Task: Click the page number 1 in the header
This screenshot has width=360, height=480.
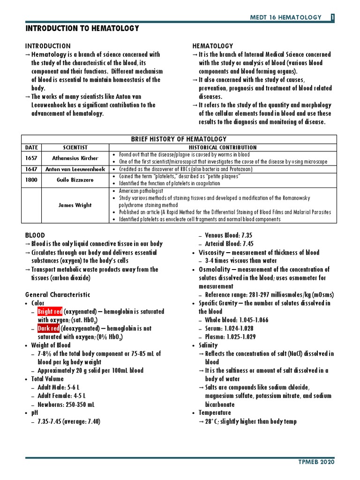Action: pyautogui.click(x=332, y=17)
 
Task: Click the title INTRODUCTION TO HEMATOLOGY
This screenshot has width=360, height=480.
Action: pyautogui.click(x=82, y=29)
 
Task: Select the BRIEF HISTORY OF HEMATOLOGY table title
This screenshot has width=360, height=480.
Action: pyautogui.click(x=180, y=139)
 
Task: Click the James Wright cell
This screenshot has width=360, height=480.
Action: pyautogui.click(x=75, y=205)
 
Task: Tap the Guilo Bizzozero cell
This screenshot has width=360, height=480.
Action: pyautogui.click(x=75, y=180)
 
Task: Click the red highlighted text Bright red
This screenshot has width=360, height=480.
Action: pyautogui.click(x=50, y=312)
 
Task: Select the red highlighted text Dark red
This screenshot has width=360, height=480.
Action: pyautogui.click(x=49, y=329)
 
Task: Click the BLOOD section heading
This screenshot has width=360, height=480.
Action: pyautogui.click(x=35, y=235)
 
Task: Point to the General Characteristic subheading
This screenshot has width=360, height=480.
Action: pyautogui.click(x=58, y=295)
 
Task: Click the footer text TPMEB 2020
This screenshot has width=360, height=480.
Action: pyautogui.click(x=317, y=462)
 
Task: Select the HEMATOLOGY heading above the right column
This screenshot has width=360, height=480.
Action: pyautogui.click(x=213, y=46)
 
